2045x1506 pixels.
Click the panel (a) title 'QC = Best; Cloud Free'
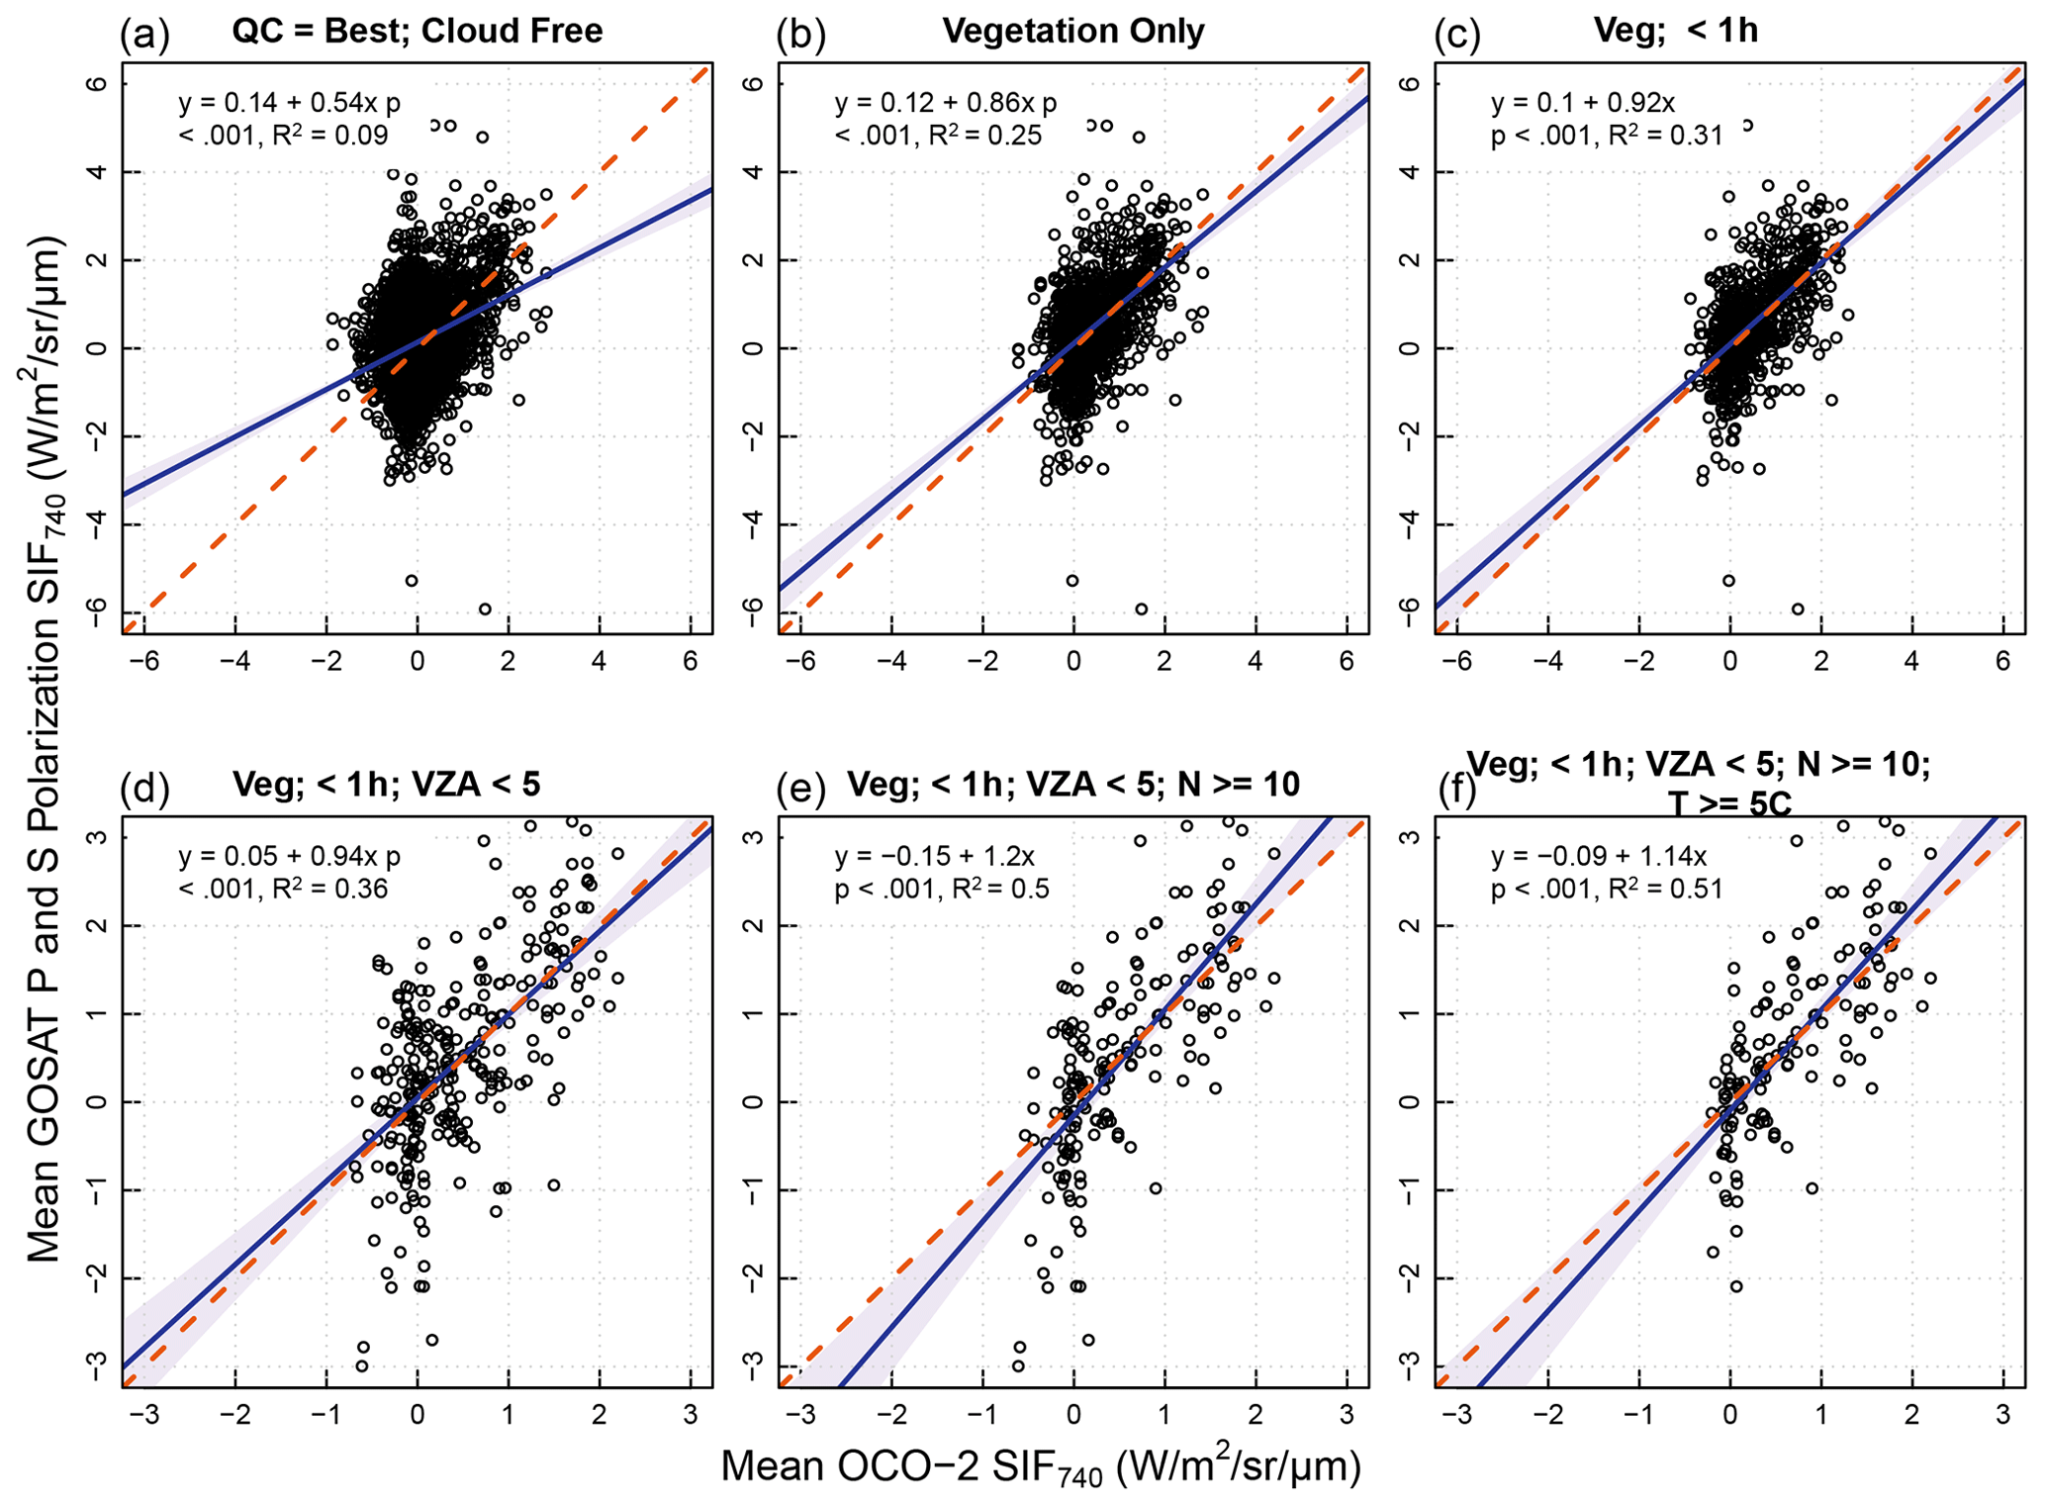pos(417,32)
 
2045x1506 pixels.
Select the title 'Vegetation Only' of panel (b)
pos(1072,32)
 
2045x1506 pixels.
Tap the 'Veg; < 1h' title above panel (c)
pos(1675,32)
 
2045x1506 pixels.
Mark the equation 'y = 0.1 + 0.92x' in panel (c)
pos(1582,103)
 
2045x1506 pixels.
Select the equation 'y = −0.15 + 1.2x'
pos(934,856)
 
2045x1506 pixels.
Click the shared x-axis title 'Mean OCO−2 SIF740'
pos(1040,1466)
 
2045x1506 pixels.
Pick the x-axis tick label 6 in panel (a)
pos(689,660)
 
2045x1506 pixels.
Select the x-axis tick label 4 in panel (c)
pos(1911,660)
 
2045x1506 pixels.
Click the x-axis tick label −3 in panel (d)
pos(142,1413)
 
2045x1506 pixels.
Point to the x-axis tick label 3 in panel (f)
pos(2001,1413)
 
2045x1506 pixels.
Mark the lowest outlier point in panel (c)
pos(1797,609)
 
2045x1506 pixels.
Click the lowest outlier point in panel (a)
pos(485,609)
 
